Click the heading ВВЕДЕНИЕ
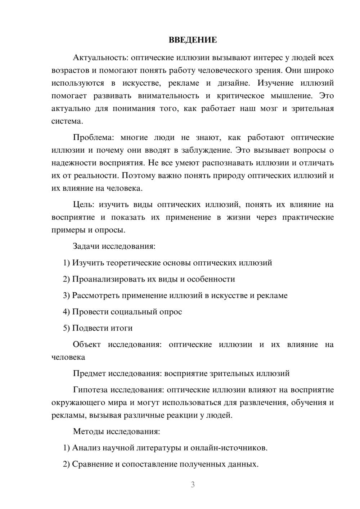[x=193, y=40]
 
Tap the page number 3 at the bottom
[x=193, y=485]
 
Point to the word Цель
[x=84, y=205]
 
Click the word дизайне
[x=234, y=83]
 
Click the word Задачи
[x=86, y=247]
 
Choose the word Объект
[x=87, y=344]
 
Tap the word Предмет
[x=89, y=373]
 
